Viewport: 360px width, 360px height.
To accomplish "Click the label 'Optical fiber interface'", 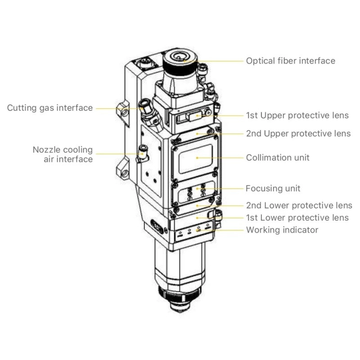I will pos(290,61).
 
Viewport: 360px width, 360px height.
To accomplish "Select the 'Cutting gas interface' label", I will pos(49,108).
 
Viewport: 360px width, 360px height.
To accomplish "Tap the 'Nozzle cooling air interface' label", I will pos(63,154).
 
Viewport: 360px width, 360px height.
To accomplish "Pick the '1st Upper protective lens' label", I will pos(297,115).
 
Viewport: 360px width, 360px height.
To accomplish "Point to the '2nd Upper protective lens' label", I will pos(298,134).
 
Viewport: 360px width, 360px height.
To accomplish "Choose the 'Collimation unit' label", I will pos(278,158).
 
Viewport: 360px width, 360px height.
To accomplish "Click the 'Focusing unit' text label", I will pos(273,188).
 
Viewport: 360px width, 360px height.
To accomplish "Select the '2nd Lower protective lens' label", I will pos(299,206).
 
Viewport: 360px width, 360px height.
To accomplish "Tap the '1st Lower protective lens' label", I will pos(297,218).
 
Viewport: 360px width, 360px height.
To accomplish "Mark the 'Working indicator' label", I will pos(282,230).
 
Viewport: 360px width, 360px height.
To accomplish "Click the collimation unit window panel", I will pos(197,157).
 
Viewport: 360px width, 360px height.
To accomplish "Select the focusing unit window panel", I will pos(197,193).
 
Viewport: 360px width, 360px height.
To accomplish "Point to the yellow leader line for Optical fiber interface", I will pos(216,61).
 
